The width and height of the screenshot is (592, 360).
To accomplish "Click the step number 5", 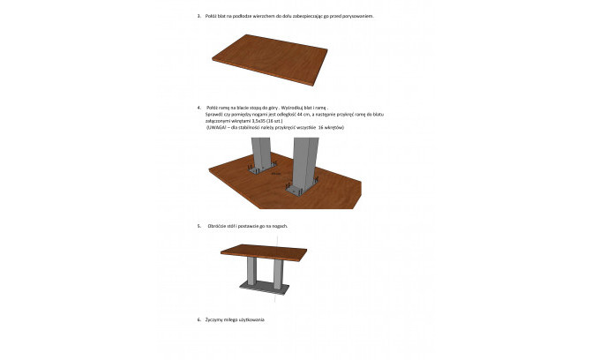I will (x=199, y=227).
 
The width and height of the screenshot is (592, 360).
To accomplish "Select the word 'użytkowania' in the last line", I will (x=251, y=319).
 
